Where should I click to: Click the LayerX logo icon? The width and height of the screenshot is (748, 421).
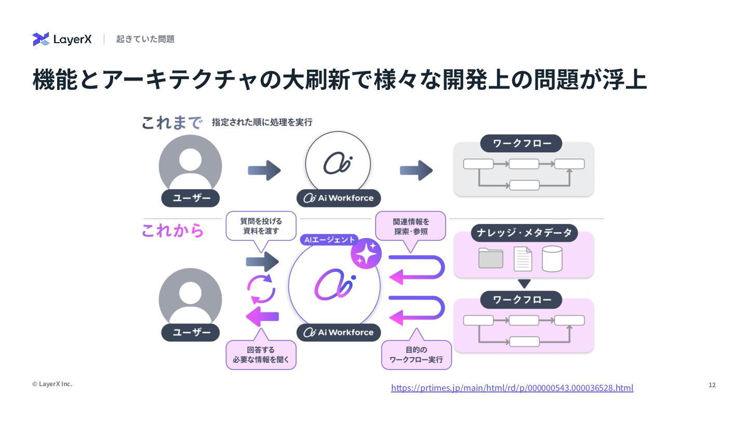coord(41,39)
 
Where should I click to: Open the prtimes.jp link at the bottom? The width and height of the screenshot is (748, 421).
coord(512,388)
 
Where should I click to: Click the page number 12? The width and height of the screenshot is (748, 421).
coord(712,385)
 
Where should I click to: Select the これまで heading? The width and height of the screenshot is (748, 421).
coord(171,123)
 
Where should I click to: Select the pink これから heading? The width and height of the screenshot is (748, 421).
coord(172,231)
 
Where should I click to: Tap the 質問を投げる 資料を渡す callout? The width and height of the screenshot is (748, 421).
coord(261,226)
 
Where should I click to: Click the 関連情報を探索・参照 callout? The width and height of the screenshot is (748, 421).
coord(410,226)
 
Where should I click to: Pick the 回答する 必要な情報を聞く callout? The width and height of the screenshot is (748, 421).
coord(261,354)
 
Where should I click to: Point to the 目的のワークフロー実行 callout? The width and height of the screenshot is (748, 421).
coord(416,354)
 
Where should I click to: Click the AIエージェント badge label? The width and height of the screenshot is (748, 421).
coord(329,240)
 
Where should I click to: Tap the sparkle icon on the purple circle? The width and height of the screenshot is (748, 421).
coord(366,254)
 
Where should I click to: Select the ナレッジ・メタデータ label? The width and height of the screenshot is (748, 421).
coord(524,233)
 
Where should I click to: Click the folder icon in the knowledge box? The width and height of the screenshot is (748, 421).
coord(490,258)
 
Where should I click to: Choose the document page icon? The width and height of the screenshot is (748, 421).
coord(523,258)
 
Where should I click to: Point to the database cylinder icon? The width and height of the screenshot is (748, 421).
coord(552,258)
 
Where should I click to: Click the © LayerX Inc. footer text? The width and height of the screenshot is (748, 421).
coord(52,384)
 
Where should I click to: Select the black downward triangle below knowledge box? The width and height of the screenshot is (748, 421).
coord(524,284)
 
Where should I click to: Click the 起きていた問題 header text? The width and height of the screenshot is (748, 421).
coord(145,39)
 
